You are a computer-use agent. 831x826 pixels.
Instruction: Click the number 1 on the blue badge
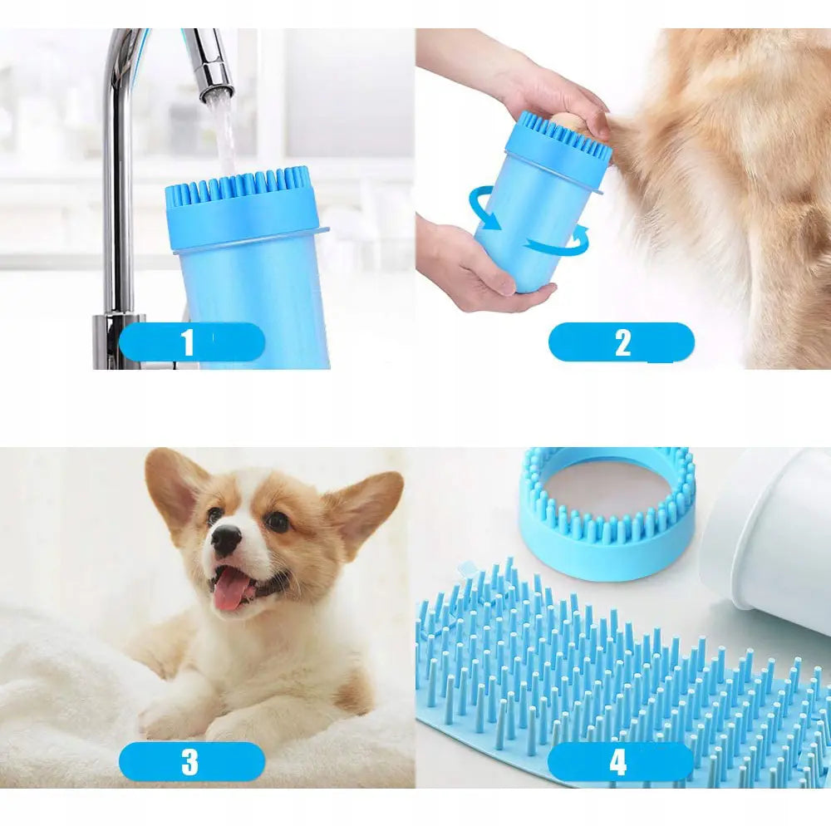tap(188, 342)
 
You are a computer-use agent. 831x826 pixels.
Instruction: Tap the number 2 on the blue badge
tap(622, 342)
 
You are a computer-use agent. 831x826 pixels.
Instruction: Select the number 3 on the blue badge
tap(189, 762)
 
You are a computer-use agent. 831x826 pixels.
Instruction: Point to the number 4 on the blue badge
tap(618, 762)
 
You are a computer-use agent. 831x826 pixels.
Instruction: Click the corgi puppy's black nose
tap(226, 540)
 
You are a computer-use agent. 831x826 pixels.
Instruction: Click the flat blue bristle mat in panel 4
tap(620, 683)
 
